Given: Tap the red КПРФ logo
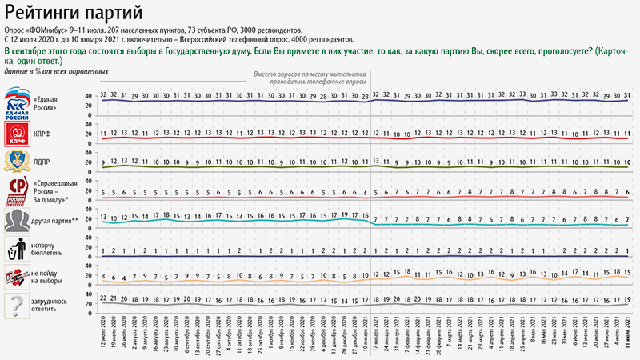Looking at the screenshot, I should [17, 132].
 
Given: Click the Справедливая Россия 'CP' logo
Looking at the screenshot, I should [17, 190].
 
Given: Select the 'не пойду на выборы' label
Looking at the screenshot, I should [50, 278].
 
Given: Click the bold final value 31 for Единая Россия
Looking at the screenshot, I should [628, 94].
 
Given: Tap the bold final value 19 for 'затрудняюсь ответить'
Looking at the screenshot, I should [628, 299].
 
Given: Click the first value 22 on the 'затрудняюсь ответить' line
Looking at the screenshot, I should [105, 298].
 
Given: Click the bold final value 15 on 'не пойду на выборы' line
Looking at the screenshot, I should [628, 273].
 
